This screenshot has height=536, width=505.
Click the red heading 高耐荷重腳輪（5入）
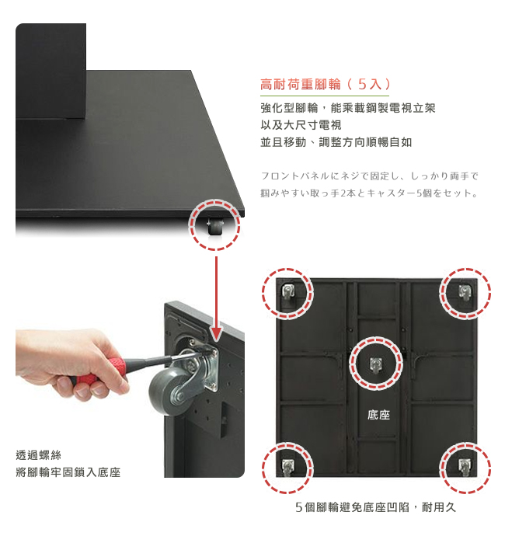tap(326, 84)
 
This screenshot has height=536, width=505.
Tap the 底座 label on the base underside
tap(378, 415)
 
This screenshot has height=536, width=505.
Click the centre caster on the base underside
tap(375, 364)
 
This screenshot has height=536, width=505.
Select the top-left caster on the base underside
tap(288, 291)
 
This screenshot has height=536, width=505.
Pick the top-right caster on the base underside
tap(465, 292)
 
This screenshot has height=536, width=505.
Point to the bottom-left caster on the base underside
tap(287, 467)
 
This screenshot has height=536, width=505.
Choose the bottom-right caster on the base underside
tap(465, 468)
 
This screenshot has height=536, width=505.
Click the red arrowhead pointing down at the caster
tap(217, 333)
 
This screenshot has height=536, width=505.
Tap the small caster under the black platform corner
tap(214, 226)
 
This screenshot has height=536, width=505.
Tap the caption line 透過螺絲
tap(38, 455)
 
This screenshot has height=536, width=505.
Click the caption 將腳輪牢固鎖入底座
tap(68, 472)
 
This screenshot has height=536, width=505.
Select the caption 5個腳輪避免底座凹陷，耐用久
tap(375, 507)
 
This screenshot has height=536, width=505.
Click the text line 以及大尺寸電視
tap(301, 125)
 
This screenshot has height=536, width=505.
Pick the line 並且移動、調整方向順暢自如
tap(336, 142)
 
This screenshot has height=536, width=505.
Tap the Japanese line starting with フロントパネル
tap(369, 176)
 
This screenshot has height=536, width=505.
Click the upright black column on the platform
tap(51, 71)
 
